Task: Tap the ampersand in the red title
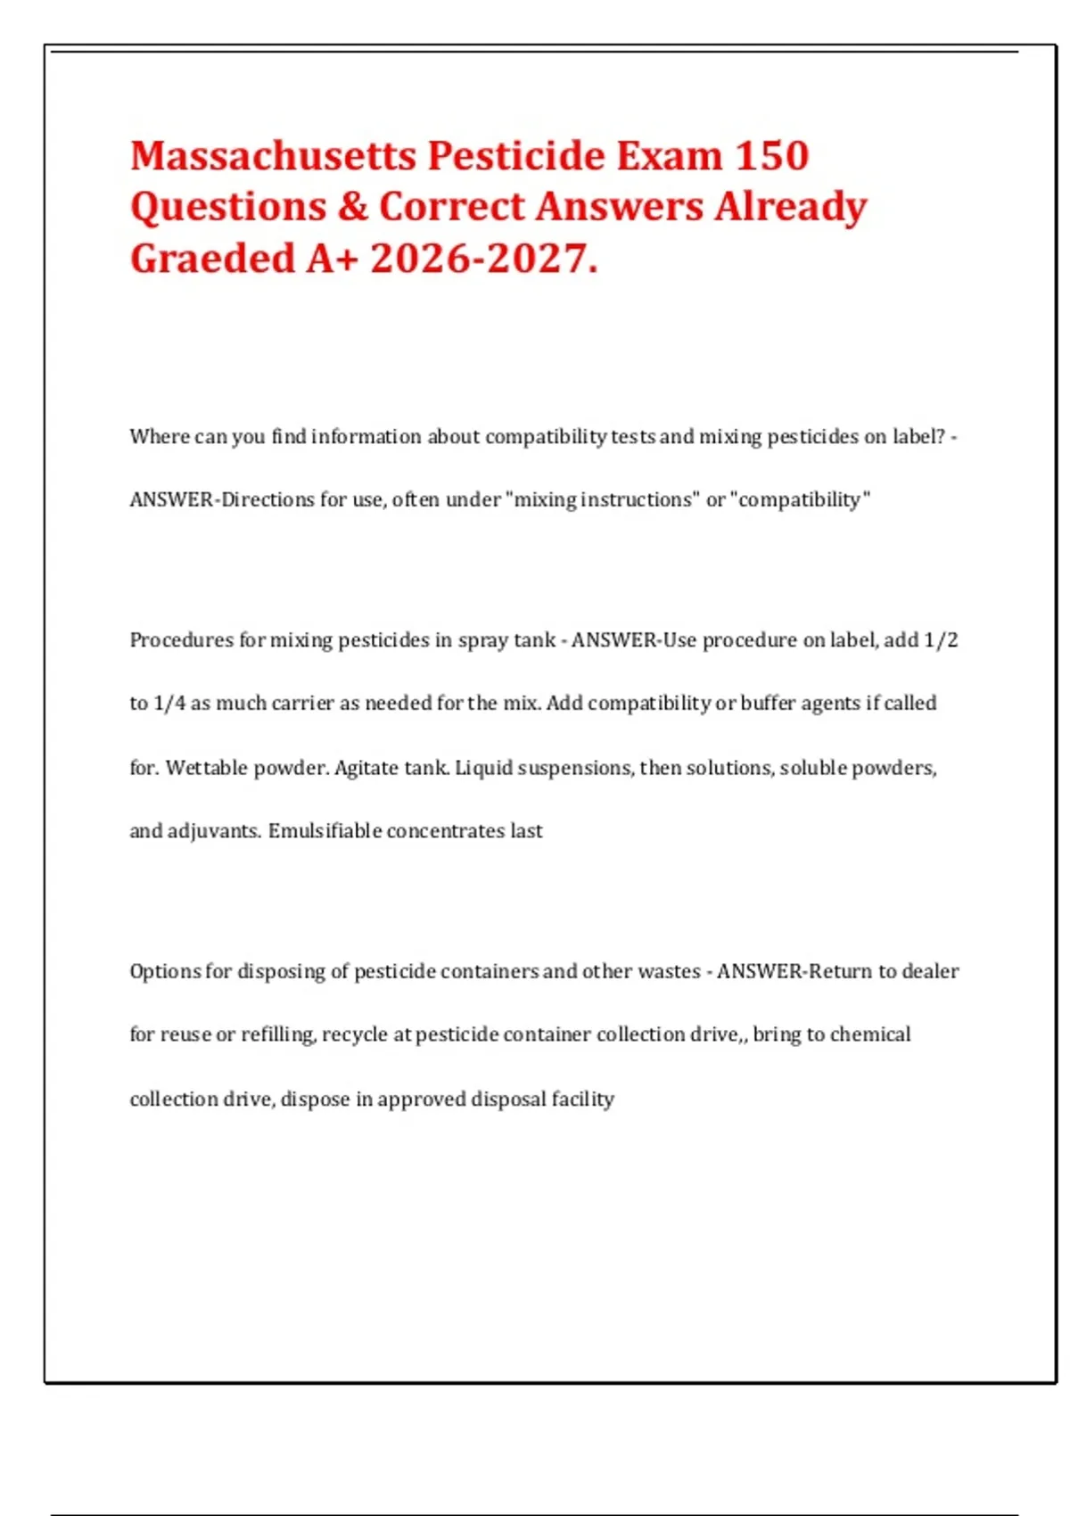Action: tap(353, 207)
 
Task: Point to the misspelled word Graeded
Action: tap(212, 259)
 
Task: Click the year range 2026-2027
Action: tap(482, 259)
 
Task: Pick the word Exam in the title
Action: tap(668, 156)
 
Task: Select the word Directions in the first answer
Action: tap(267, 500)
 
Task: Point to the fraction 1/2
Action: tap(941, 640)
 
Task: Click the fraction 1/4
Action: tap(169, 704)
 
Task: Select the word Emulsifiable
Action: tap(325, 831)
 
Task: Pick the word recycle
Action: tap(355, 1035)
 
